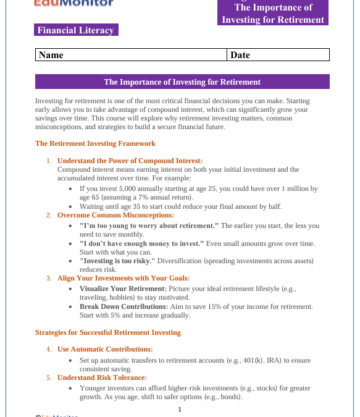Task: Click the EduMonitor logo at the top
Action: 73,3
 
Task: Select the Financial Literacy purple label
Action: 76,30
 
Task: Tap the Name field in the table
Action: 132,55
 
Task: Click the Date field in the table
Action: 278,55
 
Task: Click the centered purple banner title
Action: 182,82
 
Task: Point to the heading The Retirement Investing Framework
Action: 95,143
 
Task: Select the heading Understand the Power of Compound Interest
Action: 130,161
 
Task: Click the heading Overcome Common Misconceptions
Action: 115,215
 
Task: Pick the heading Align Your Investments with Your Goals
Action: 123,278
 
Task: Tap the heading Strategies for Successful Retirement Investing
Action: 108,332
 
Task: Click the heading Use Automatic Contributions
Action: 105,349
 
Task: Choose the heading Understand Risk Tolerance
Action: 102,377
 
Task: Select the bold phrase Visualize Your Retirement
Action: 123,289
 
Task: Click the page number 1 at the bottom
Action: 180,410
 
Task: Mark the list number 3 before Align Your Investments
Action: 49,278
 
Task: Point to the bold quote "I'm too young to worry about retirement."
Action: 149,225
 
